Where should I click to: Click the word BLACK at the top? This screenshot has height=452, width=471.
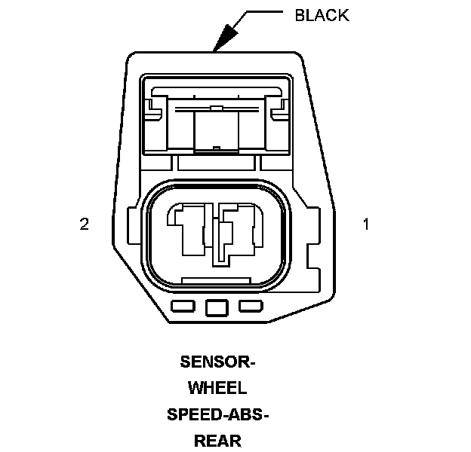pos(321,15)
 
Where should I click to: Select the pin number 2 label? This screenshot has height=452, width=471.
pos(85,224)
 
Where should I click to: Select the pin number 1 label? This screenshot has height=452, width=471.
pos(366,224)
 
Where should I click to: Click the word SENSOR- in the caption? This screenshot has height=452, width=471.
pos(217,362)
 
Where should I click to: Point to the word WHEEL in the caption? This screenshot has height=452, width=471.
pos(217,388)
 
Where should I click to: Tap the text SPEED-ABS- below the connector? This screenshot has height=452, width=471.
pos(217,414)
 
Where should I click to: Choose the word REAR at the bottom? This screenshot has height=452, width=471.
pos(217,441)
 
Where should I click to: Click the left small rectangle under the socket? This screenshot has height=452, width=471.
pos(183,307)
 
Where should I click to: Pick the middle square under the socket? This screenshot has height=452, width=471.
pos(217,307)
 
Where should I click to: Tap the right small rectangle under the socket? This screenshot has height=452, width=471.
pos(250,307)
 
